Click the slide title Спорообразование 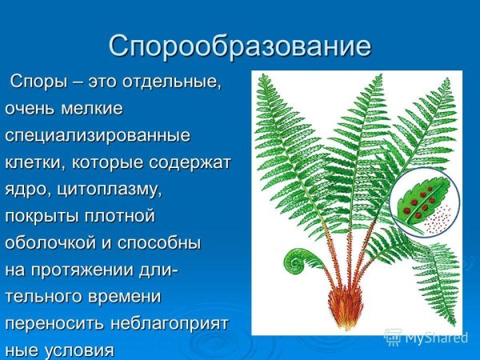(240, 45)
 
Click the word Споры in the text (38, 82)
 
